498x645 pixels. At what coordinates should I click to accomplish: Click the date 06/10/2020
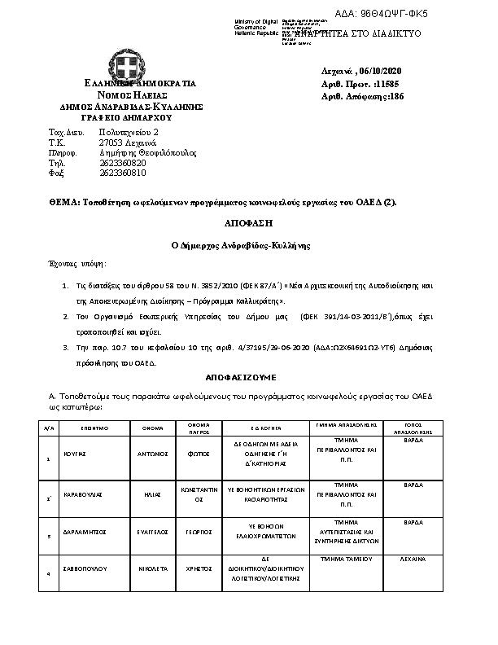coord(378,70)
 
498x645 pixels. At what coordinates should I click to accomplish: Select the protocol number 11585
coord(386,83)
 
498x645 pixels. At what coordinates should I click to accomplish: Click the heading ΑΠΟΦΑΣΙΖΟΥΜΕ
coord(243,379)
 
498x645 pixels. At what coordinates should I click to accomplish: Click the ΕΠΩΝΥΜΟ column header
coord(95,426)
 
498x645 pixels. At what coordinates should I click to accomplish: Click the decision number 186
coord(395,96)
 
